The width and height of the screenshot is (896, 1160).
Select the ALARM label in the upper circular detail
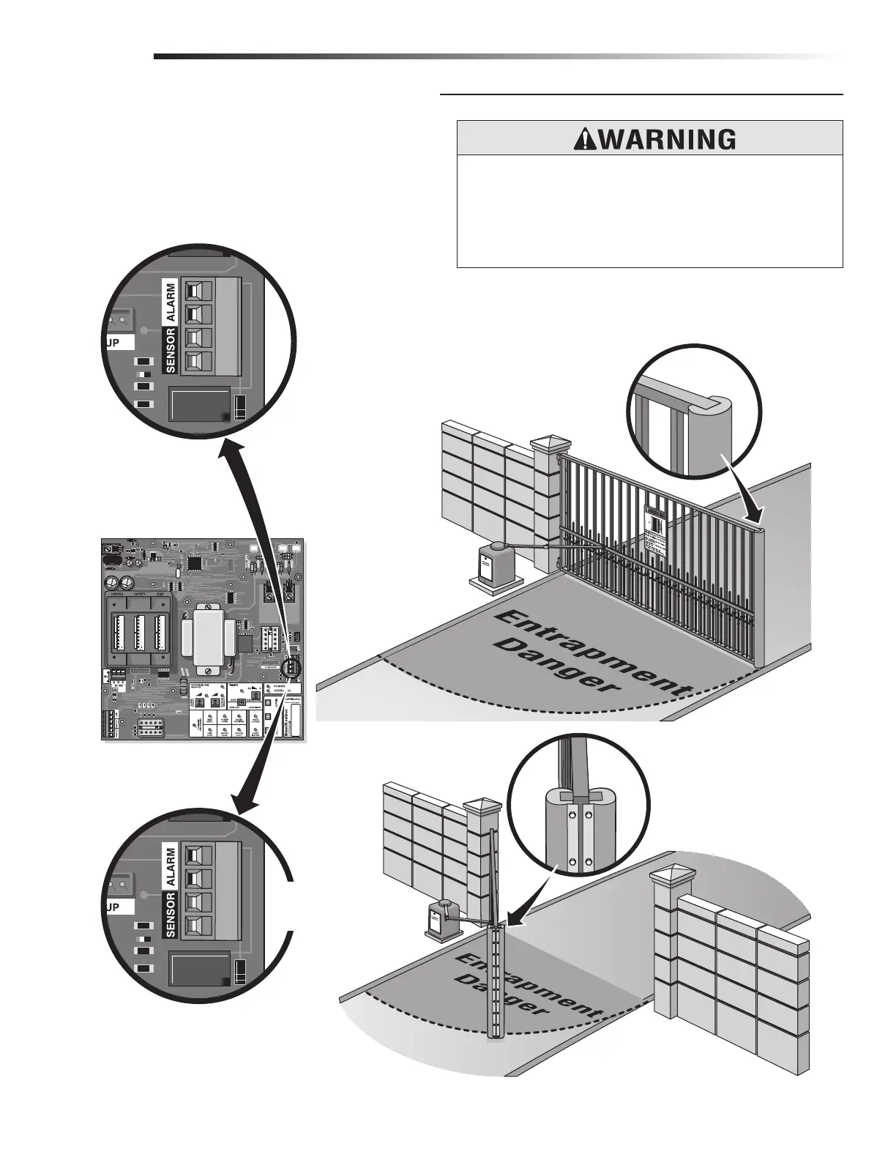point(171,302)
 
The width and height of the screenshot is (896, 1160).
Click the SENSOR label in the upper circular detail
point(171,351)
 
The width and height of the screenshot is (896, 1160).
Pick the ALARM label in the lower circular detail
point(171,868)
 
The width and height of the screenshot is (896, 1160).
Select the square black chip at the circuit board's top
point(196,562)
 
